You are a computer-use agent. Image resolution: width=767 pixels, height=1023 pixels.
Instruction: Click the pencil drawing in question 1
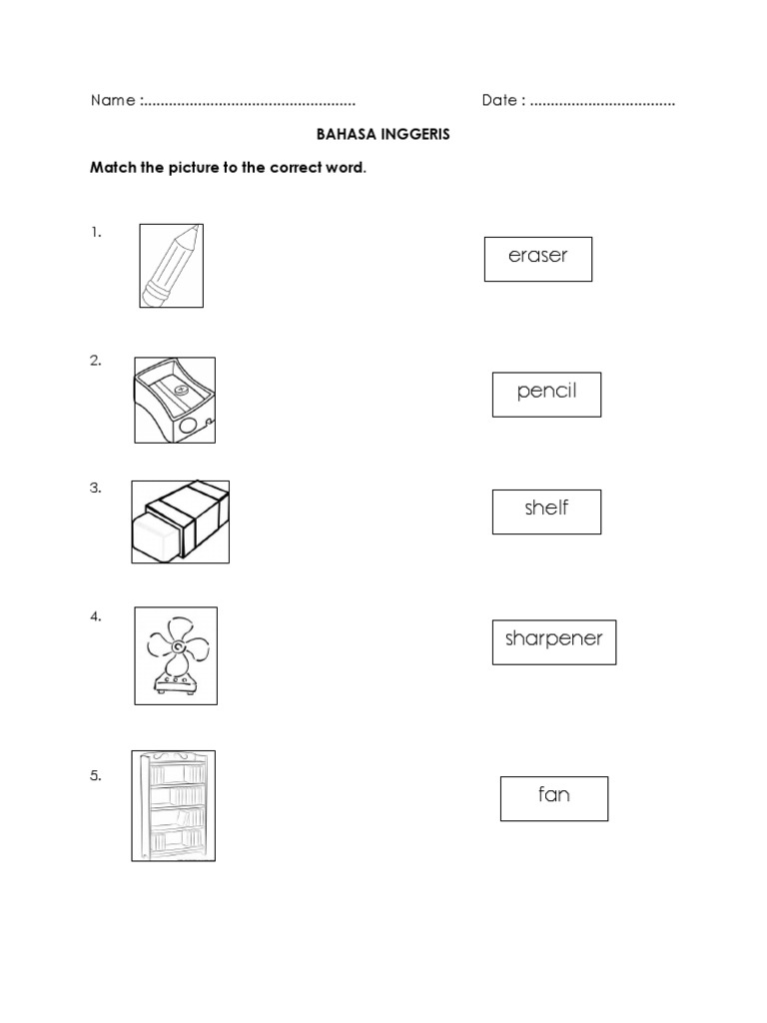(x=171, y=266)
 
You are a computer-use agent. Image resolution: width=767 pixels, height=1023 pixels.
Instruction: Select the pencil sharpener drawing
(x=175, y=400)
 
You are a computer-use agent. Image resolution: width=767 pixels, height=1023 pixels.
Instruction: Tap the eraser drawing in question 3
(x=180, y=521)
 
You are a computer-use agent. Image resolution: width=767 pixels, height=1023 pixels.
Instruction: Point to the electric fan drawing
(x=176, y=655)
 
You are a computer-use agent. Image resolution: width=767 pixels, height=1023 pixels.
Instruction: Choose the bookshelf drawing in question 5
(x=174, y=805)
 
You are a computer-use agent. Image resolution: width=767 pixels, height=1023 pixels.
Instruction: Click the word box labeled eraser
(x=538, y=259)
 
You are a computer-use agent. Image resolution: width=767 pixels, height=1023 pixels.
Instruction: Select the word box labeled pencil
(x=546, y=393)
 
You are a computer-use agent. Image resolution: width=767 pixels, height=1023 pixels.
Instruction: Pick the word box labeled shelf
(x=546, y=511)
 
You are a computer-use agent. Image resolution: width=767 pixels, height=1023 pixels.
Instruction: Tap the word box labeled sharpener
(x=553, y=641)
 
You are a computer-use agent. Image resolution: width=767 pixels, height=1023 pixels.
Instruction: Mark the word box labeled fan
(x=553, y=797)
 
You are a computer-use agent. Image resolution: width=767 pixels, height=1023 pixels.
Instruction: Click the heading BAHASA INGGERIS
(x=383, y=134)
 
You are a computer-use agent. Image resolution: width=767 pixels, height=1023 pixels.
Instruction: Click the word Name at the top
(x=112, y=101)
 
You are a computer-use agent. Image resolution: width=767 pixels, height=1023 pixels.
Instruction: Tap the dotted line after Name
(x=250, y=102)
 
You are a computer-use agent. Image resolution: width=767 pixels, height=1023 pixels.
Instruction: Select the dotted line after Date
(x=602, y=102)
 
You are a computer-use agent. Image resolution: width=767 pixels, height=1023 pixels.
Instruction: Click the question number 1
(x=96, y=232)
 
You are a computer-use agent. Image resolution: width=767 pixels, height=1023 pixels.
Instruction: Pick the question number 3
(x=96, y=489)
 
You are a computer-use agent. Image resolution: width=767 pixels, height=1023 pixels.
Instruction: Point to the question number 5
(x=96, y=775)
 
